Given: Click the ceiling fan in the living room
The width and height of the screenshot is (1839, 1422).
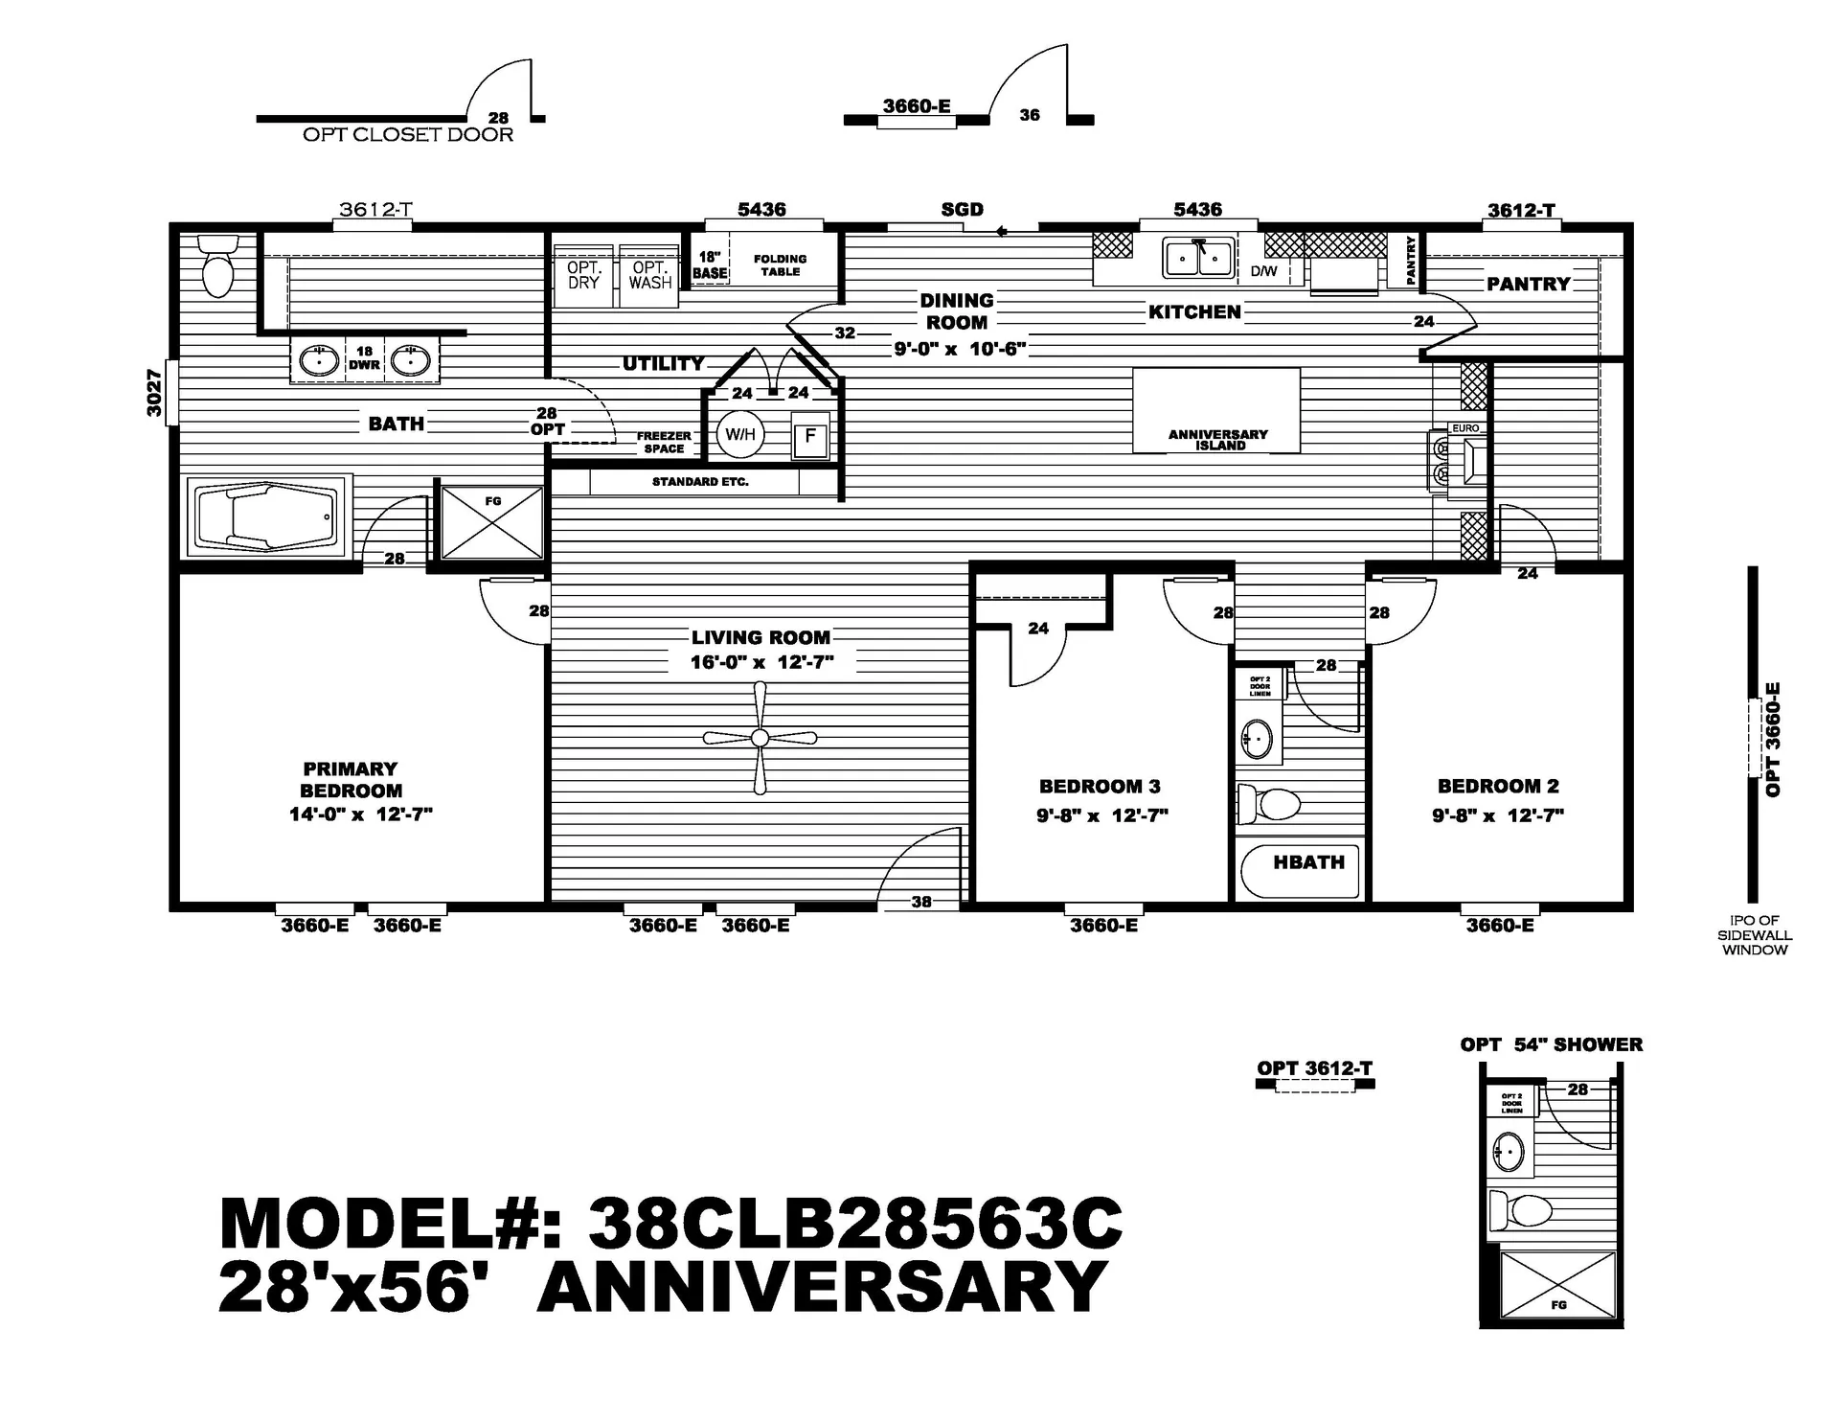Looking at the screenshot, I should click(x=760, y=738).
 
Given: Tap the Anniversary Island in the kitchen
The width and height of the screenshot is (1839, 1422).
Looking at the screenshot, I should click(x=1216, y=411).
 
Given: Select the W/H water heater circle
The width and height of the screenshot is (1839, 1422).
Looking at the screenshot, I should click(x=740, y=434).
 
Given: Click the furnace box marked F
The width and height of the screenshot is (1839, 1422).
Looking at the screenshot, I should click(x=810, y=438).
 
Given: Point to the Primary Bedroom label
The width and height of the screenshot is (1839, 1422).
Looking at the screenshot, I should click(x=351, y=779).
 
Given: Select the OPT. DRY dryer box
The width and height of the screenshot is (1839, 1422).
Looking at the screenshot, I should click(x=583, y=275).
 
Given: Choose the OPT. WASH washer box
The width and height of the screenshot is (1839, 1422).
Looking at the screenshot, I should click(x=650, y=275).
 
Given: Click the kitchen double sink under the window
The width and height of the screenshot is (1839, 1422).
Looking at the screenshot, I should click(x=1197, y=259).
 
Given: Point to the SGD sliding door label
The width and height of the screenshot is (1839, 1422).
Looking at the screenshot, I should click(x=962, y=210).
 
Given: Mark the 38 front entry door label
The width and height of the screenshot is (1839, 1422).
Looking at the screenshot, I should click(x=921, y=902).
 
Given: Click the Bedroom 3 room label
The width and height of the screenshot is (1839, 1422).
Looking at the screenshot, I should click(x=1100, y=787).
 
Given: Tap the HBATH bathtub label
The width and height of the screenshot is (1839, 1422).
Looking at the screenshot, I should click(x=1308, y=862).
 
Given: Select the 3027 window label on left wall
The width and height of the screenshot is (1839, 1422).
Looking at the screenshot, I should click(x=154, y=392).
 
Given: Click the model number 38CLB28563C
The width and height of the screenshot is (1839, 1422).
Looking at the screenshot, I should click(x=854, y=1224).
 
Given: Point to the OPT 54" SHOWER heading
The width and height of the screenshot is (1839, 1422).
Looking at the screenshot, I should click(x=1551, y=1044).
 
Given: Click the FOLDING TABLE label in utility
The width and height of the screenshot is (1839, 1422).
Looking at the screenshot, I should click(x=780, y=265).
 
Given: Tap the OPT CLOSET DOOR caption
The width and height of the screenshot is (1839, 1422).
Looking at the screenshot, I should click(x=408, y=135).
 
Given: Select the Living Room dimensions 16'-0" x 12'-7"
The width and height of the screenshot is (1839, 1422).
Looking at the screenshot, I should click(x=761, y=662).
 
